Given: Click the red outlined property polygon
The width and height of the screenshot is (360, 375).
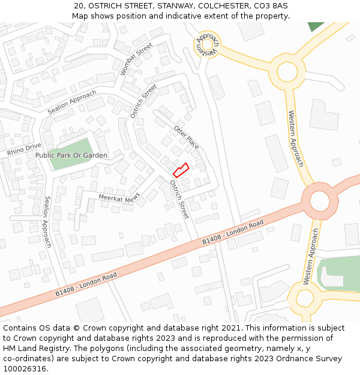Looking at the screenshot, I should pyautogui.click(x=181, y=170).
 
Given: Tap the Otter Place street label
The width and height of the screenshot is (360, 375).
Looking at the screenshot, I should pyautogui.click(x=186, y=137).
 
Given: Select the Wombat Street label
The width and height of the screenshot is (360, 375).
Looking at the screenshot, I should pyautogui.click(x=136, y=58).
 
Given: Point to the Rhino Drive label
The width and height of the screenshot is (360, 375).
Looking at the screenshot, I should pyautogui.click(x=24, y=149).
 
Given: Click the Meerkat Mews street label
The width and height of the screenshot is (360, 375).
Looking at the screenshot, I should pyautogui.click(x=119, y=197).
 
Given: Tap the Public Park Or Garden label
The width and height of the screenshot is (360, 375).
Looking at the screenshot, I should pyautogui.click(x=71, y=155).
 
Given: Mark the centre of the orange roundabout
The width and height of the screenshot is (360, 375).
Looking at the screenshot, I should pyautogui.click(x=320, y=200).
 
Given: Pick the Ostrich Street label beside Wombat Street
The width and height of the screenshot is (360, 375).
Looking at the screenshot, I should pyautogui.click(x=143, y=100).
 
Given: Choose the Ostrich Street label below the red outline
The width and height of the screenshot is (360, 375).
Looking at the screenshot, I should pyautogui.click(x=179, y=199).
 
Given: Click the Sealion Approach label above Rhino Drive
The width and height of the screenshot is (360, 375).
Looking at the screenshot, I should pyautogui.click(x=71, y=102).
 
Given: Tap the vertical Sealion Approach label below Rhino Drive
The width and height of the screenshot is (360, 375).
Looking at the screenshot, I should pyautogui.click(x=47, y=221).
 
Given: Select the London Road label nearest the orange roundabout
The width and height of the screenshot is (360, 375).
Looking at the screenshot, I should pyautogui.click(x=233, y=232).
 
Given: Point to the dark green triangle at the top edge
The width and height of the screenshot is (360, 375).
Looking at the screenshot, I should pyautogui.click(x=316, y=26).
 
